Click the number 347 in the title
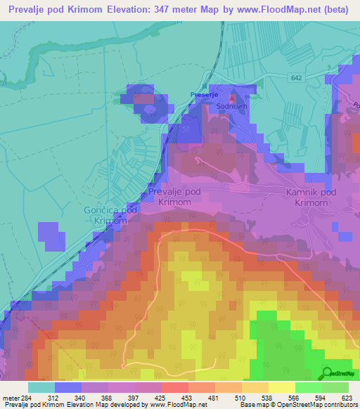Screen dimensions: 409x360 (182, 10)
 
